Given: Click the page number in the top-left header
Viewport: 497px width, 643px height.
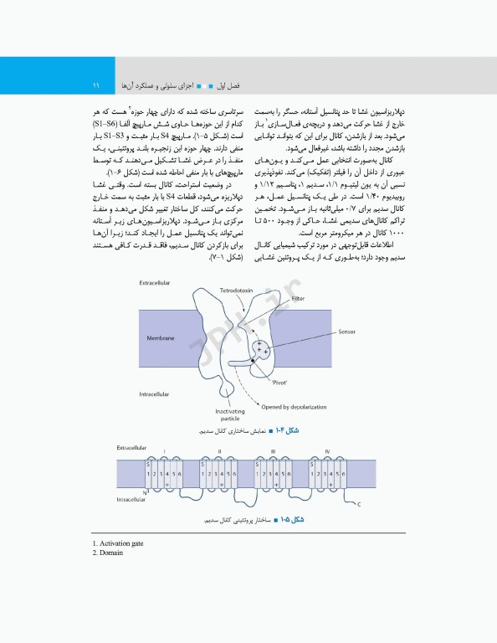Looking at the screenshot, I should click(x=96, y=85).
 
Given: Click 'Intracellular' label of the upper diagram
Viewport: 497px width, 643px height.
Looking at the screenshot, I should click(x=156, y=393).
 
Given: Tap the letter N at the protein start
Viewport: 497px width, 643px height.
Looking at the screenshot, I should click(x=146, y=494).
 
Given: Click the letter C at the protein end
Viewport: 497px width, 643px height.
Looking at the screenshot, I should click(x=360, y=505).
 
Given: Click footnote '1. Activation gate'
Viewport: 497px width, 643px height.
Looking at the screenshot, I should click(x=118, y=543).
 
